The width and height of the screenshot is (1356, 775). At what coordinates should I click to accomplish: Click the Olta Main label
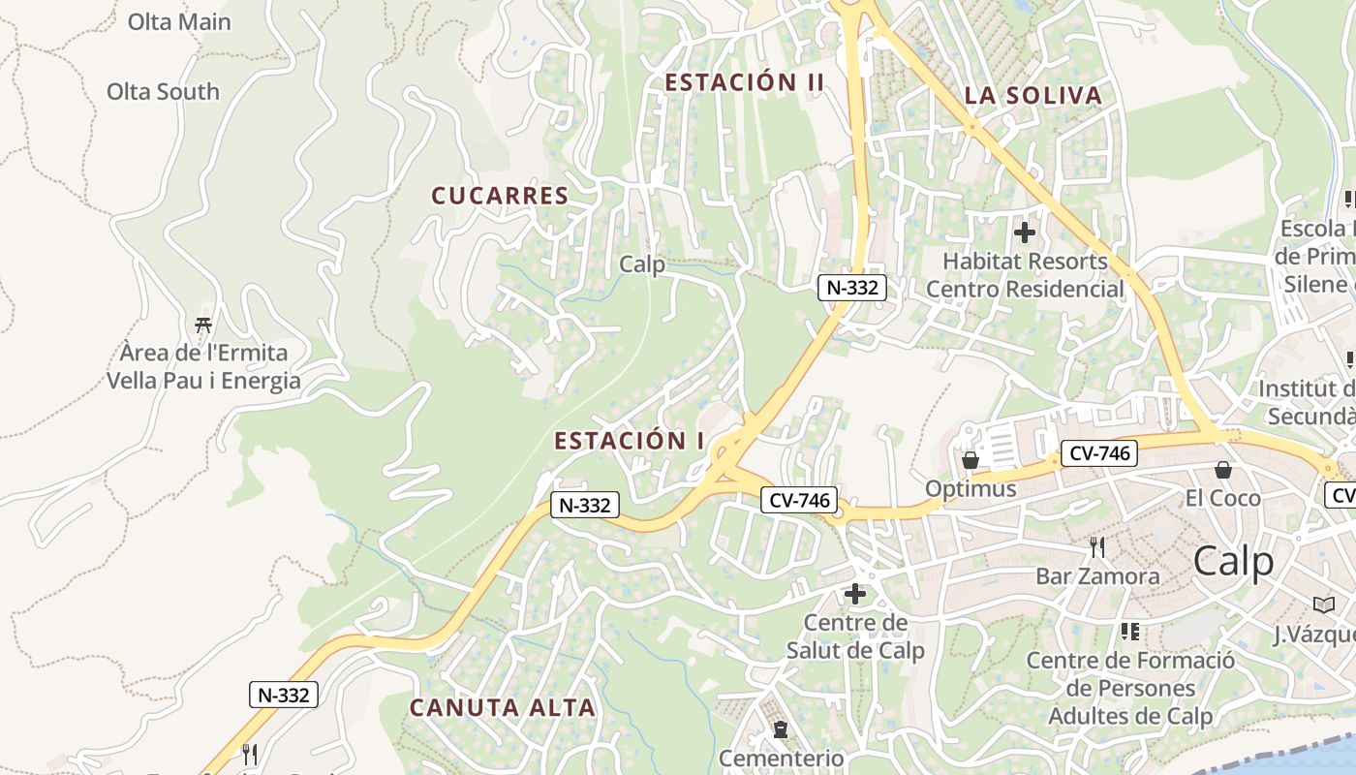(179, 21)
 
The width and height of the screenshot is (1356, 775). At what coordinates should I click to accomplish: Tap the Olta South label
(163, 92)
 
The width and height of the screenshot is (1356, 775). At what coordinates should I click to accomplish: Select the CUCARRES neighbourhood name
(500, 196)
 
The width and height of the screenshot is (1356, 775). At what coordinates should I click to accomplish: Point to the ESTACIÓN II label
(744, 82)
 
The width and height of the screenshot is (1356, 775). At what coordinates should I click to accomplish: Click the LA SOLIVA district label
(1033, 96)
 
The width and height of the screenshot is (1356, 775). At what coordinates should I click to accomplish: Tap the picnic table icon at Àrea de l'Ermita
(203, 324)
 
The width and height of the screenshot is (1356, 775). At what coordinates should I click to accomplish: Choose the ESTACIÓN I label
(630, 441)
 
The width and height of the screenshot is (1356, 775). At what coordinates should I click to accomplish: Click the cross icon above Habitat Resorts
(1024, 232)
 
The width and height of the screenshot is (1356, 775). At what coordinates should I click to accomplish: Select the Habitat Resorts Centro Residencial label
(1025, 275)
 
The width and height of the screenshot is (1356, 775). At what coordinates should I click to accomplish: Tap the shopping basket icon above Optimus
(971, 460)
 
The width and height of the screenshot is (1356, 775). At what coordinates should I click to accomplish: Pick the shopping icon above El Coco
(1223, 470)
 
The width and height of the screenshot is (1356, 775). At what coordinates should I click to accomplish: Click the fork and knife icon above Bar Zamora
(1097, 547)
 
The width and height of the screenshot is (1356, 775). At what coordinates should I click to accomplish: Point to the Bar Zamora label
(1097, 576)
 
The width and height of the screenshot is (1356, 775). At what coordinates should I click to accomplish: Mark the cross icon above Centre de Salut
(855, 594)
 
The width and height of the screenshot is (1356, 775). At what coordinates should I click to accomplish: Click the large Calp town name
(1233, 561)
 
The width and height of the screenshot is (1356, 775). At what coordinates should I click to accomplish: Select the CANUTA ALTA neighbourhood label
(502, 708)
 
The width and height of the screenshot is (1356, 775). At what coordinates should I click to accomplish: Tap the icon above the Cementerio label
(781, 728)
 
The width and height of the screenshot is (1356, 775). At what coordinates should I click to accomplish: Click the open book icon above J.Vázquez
(1324, 604)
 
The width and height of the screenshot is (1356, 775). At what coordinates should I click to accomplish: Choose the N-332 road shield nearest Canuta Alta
(284, 695)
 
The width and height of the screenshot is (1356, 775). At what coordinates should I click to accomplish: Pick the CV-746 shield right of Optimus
(1098, 452)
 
